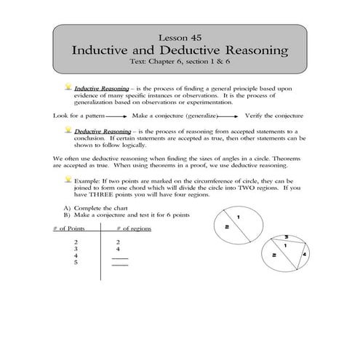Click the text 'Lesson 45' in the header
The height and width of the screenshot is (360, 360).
click(x=180, y=36)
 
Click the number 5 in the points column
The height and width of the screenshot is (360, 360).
click(x=76, y=264)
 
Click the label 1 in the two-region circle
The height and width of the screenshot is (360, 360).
click(x=239, y=218)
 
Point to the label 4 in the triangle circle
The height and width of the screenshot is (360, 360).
click(x=305, y=254)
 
